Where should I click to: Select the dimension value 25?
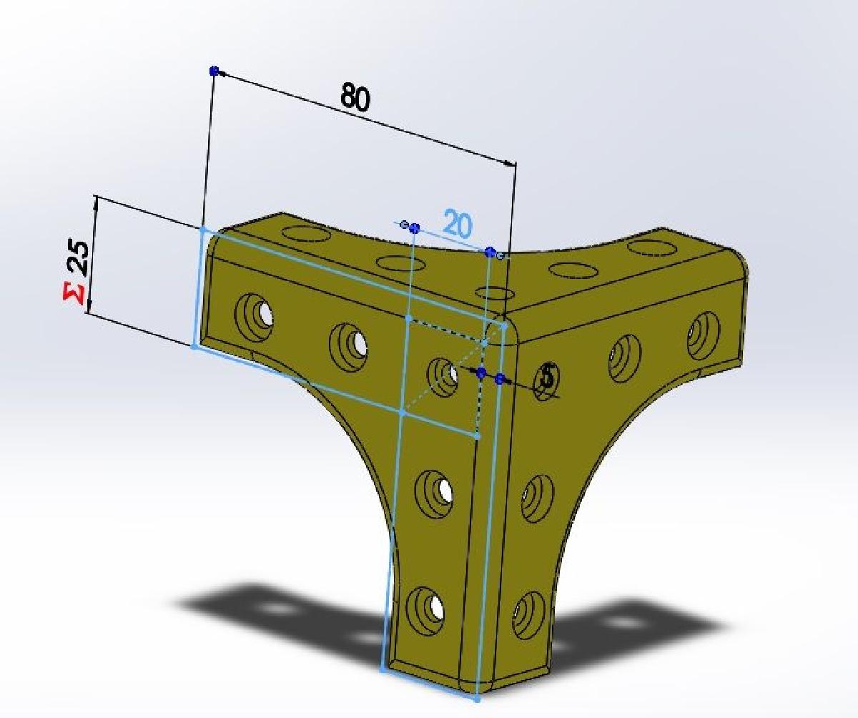pos(79,259)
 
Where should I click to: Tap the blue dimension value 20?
pos(458,225)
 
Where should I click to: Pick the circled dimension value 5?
pos(548,376)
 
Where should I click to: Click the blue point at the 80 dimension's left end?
pos(214,70)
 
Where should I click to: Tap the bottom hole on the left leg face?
pos(428,606)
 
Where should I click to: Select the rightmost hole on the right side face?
pos(703,333)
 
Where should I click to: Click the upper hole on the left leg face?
pos(434,490)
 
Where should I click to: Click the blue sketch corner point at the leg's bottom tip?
pos(476,699)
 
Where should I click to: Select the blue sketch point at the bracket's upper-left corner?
pos(202,230)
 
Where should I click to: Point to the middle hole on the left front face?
pos(349,343)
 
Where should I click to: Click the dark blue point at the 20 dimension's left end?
pos(415,228)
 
